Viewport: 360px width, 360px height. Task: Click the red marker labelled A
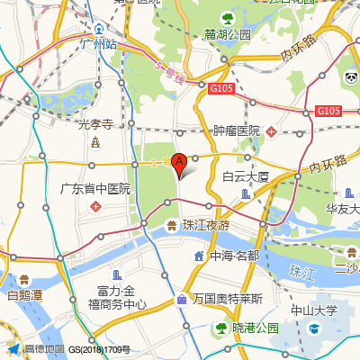tap(179, 164)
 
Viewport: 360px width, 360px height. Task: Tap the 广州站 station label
tap(99, 43)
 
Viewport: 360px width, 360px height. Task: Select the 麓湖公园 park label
tap(227, 34)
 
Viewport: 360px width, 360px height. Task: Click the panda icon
tap(350, 79)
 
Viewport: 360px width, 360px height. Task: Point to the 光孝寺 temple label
tap(94, 124)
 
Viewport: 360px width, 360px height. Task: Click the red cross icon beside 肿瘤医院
tap(272, 131)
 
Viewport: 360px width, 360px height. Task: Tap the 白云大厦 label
tap(247, 176)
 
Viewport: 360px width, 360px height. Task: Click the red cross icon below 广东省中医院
tap(95, 208)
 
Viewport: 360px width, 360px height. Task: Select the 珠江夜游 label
tap(206, 225)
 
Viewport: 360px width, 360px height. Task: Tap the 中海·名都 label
tap(234, 256)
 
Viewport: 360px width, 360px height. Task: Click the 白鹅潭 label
tap(24, 294)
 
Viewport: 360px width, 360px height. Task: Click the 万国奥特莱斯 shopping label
tap(227, 298)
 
